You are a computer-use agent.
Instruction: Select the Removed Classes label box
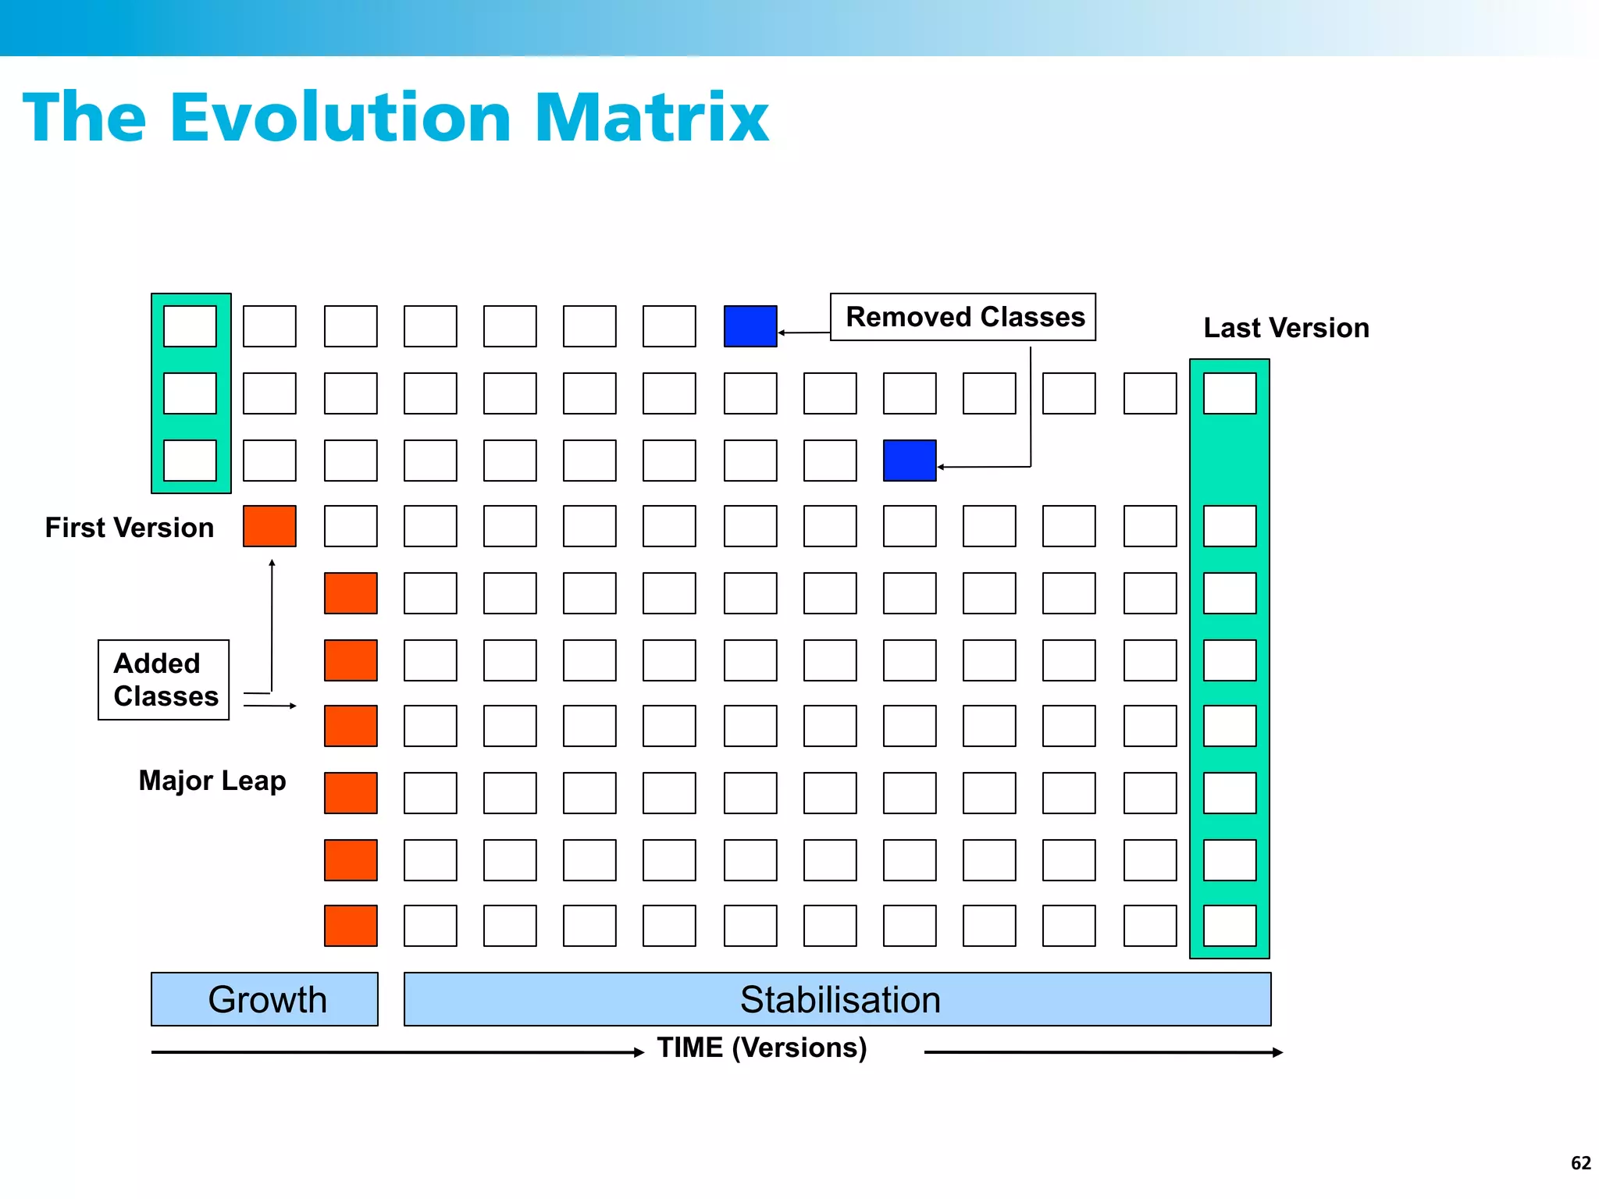coord(963,317)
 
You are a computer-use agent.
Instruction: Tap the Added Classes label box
coord(164,679)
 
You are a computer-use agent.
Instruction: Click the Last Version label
coord(1286,328)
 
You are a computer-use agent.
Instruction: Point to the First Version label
coord(129,528)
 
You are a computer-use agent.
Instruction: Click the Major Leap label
coord(212,781)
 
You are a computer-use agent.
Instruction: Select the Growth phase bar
coord(265,999)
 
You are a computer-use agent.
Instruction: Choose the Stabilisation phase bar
coord(837,999)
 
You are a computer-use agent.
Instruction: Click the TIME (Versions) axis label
coord(762,1048)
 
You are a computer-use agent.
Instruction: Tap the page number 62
coord(1580,1163)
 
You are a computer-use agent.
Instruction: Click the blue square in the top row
coord(750,326)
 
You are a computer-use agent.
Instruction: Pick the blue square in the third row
coord(910,461)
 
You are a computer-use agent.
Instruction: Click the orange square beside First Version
coord(269,526)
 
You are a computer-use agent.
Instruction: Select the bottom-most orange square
coord(351,926)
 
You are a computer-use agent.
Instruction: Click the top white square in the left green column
coord(190,326)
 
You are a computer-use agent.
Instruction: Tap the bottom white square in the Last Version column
coord(1230,926)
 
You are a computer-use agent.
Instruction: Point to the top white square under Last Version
coord(1230,393)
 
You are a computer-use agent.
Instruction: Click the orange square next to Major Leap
coord(351,793)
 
